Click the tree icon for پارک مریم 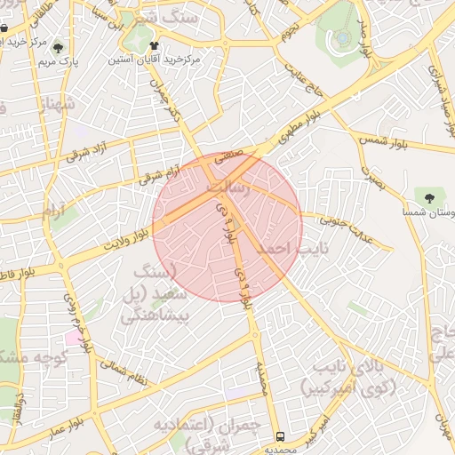(x=59, y=49)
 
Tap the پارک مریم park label (x=59, y=64)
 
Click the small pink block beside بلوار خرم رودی (x=71, y=339)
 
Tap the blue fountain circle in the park (x=342, y=38)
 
